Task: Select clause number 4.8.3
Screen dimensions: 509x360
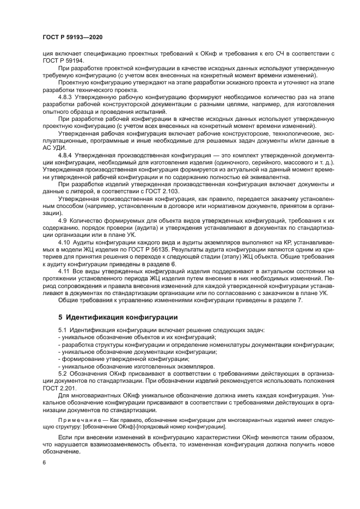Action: pyautogui.click(x=66, y=96)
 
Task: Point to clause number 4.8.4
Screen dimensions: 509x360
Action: pyautogui.click(x=66, y=155)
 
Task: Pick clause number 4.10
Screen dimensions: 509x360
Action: pyautogui.click(x=64, y=241)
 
